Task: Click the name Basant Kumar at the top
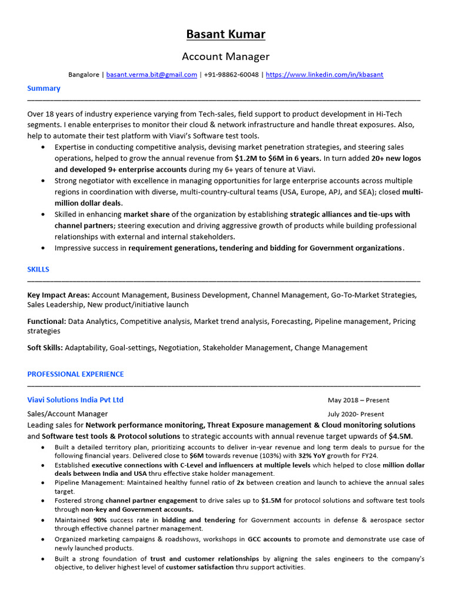[x=225, y=34]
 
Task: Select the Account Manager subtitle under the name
[x=225, y=57]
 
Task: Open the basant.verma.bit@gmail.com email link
[x=151, y=75]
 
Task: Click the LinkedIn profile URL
[x=324, y=75]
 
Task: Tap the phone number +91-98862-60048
[x=231, y=75]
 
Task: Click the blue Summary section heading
[x=44, y=88]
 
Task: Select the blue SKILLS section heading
[x=38, y=269]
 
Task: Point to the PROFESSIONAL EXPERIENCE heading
[x=75, y=374]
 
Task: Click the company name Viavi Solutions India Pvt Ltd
[x=75, y=400]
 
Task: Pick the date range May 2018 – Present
[x=358, y=400]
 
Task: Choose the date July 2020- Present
[x=355, y=414]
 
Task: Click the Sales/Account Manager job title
[x=68, y=414]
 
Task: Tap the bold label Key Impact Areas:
[x=58, y=295]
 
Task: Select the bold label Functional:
[x=46, y=322]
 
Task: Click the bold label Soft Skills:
[x=45, y=348]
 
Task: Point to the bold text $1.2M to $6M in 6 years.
[x=278, y=158]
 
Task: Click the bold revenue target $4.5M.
[x=400, y=436]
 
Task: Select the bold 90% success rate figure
[x=101, y=521]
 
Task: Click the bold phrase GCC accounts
[x=270, y=539]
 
